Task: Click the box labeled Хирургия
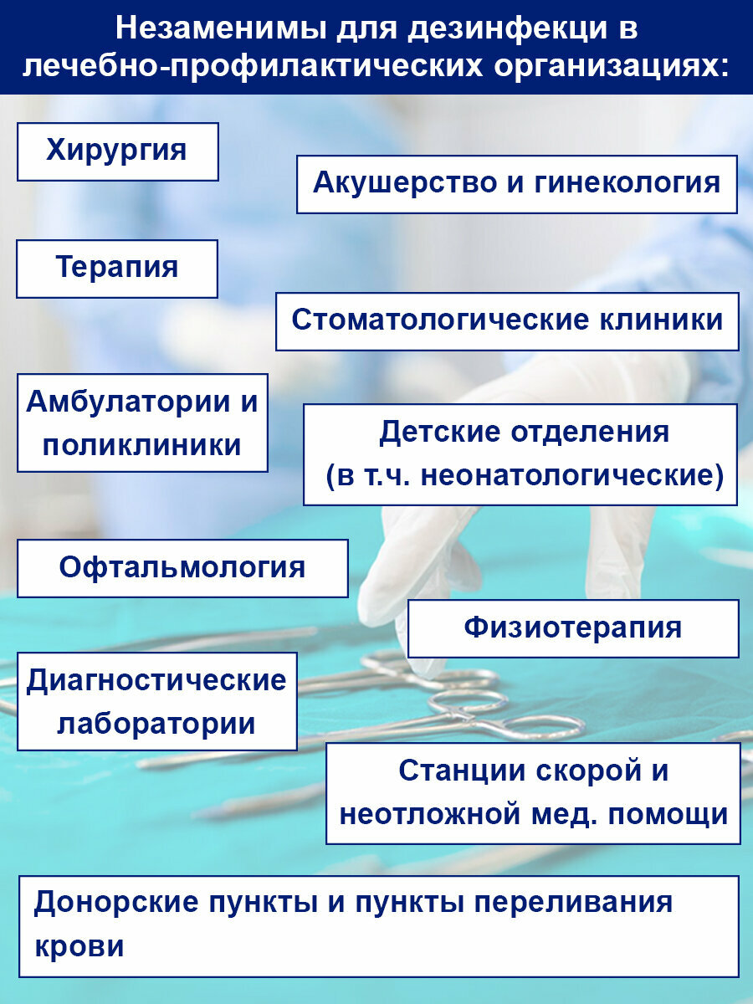(x=117, y=151)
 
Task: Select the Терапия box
(x=117, y=268)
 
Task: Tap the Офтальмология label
(x=182, y=568)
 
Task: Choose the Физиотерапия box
(x=573, y=627)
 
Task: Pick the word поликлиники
(x=142, y=445)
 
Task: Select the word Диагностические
(x=156, y=681)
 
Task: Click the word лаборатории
(x=156, y=724)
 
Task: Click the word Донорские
(x=117, y=904)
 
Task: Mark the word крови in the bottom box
(x=79, y=946)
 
